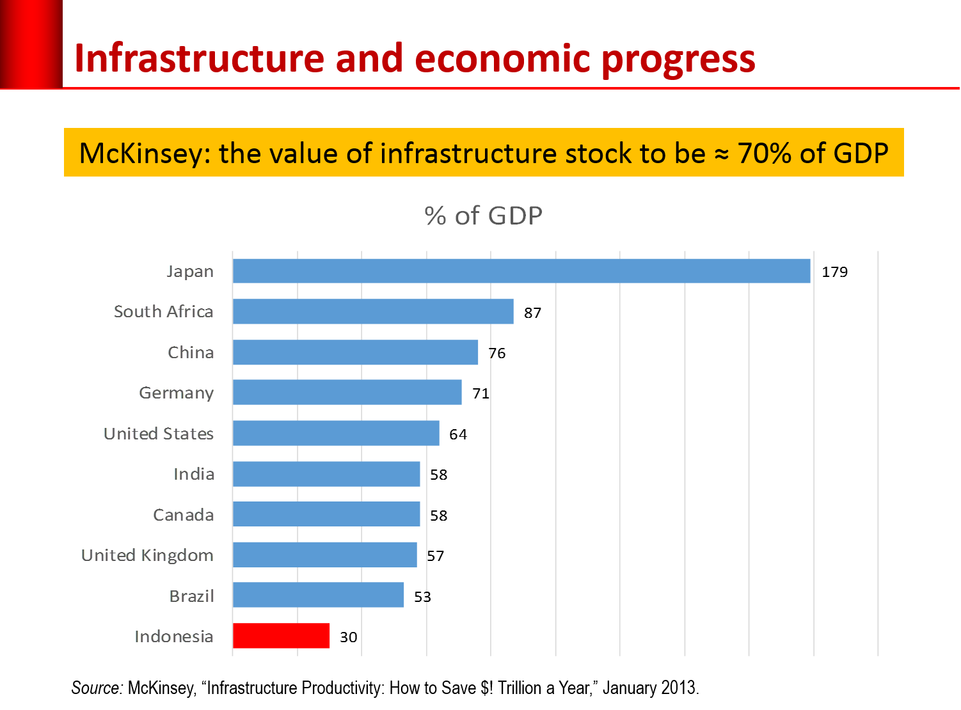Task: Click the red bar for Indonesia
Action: pos(282,636)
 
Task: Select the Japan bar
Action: pos(521,271)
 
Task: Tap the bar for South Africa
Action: pos(373,312)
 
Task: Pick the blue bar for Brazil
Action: pos(319,595)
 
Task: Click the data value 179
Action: pos(834,272)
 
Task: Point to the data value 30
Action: pos(348,637)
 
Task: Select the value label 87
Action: pos(532,313)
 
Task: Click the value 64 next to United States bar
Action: pos(458,434)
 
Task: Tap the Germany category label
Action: pos(177,393)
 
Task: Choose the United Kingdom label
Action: pos(147,555)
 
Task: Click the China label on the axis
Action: pos(191,352)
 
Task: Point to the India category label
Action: pos(195,474)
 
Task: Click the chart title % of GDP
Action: pos(484,216)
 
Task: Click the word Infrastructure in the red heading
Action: pos(200,59)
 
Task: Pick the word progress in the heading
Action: pos(678,59)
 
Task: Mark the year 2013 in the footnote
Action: pos(679,688)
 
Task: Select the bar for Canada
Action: pos(326,514)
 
